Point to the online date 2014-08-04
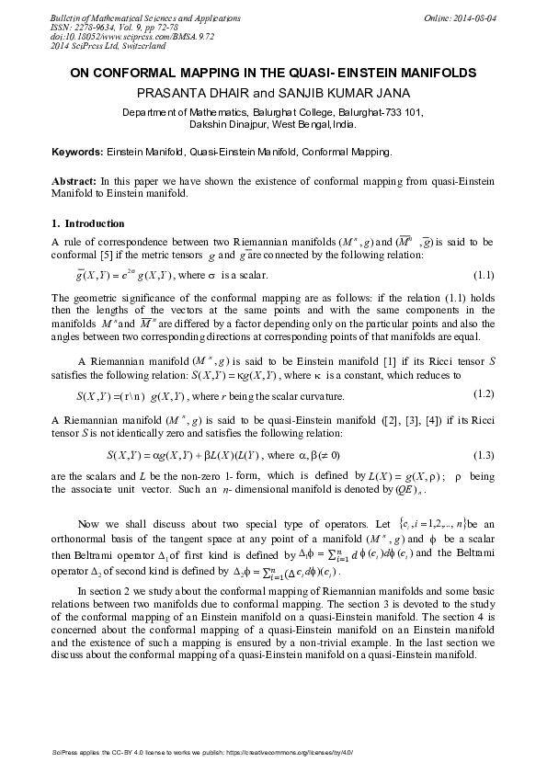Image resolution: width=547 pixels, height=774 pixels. pyautogui.click(x=473, y=18)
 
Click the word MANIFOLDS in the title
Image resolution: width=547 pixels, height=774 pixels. pyautogui.click(x=430, y=72)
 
